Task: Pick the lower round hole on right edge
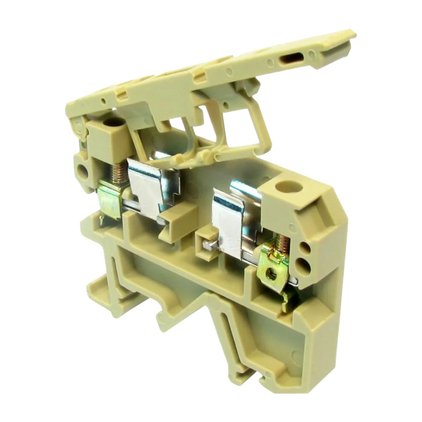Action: tap(303, 263)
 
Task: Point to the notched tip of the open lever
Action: tap(348, 42)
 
